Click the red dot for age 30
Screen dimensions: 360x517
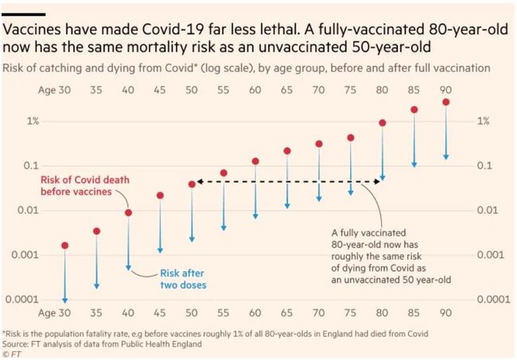tap(65, 246)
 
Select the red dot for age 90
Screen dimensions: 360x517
tap(446, 103)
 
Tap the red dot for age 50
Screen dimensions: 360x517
tap(192, 184)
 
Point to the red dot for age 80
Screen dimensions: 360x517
tap(383, 123)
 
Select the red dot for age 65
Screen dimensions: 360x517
tap(287, 151)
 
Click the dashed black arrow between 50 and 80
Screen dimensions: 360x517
tap(287, 183)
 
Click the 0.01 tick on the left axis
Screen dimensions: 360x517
tap(29, 211)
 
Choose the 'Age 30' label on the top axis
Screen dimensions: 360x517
tap(54, 91)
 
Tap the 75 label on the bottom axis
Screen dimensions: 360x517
tap(351, 312)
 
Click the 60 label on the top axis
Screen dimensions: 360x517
tap(255, 91)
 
